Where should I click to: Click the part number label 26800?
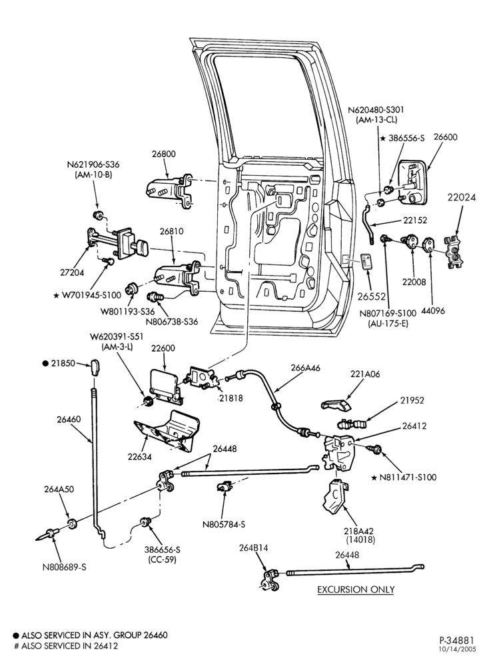[163, 155]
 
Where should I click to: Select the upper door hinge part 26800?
[169, 190]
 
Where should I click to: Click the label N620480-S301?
[376, 110]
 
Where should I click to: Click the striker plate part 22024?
[454, 251]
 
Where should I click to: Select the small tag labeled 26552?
[367, 262]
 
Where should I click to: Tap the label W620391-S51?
[117, 336]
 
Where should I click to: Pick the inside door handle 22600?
[166, 384]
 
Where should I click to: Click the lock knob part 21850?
[95, 367]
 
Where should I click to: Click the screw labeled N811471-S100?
[375, 448]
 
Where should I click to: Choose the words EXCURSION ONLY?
[356, 589]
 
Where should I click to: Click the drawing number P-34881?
[458, 639]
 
